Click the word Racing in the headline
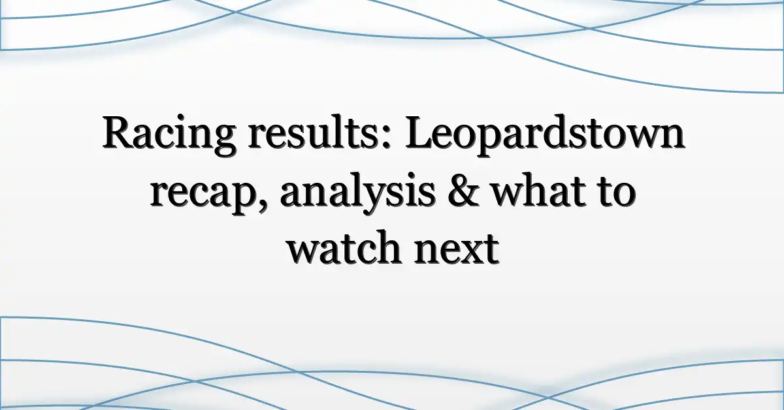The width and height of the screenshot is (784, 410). pyautogui.click(x=169, y=135)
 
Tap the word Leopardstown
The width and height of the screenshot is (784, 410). pyautogui.click(x=544, y=135)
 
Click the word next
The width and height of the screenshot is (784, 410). pyautogui.click(x=457, y=249)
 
